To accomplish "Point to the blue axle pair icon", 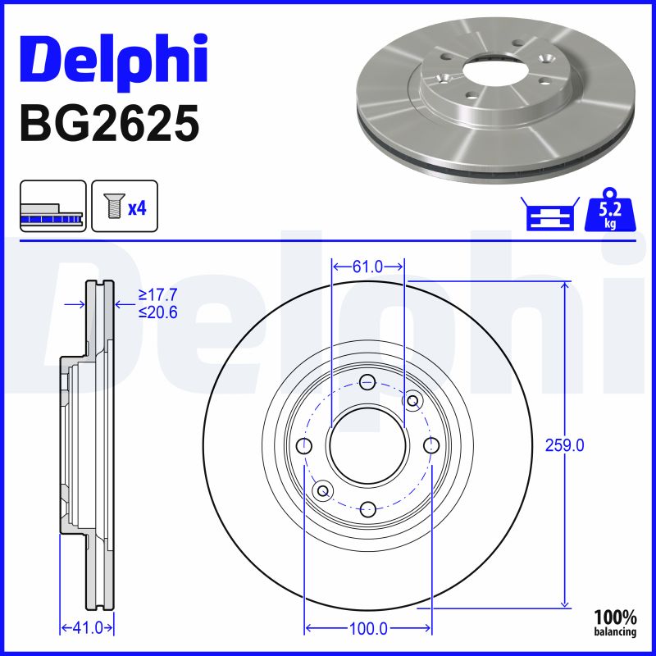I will tap(548, 215).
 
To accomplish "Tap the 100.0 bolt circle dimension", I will tap(367, 629).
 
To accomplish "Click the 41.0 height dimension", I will tap(87, 628).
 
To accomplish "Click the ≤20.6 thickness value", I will tap(158, 312).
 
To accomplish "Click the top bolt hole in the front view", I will tap(367, 381).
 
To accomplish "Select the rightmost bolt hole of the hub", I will tap(431, 445).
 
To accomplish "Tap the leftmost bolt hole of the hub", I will tap(304, 446).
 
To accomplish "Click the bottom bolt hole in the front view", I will tap(367, 508).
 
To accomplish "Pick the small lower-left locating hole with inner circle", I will tap(322, 490).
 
